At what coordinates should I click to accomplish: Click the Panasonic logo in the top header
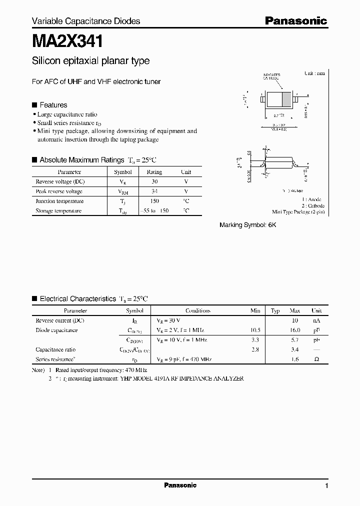tap(295, 20)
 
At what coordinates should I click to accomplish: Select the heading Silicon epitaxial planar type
tap(90, 61)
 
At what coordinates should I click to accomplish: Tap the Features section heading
tap(53, 105)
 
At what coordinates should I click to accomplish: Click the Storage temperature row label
tap(58, 211)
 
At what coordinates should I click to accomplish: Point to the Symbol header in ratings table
tap(123, 172)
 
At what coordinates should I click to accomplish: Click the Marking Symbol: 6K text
tap(247, 225)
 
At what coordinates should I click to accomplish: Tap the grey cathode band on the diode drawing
tap(286, 98)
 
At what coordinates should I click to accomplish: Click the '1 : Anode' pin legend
tap(313, 199)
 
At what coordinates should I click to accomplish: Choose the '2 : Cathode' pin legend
tap(312, 205)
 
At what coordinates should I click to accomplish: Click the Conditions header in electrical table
tap(198, 310)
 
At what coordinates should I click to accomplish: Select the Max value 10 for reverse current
tap(295, 320)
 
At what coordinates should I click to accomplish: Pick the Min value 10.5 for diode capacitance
tap(255, 330)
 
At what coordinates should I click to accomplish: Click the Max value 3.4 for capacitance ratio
tap(295, 349)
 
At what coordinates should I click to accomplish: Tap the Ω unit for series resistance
tap(316, 359)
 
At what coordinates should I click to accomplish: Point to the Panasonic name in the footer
tap(180, 485)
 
